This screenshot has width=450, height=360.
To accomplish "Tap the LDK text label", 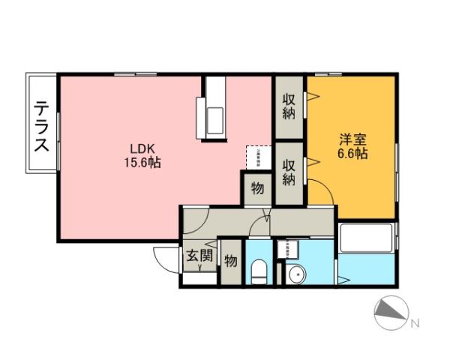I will tap(144, 148).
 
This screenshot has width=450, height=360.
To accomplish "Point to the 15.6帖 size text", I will tap(144, 162).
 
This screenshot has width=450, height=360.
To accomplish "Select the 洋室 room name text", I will tap(352, 140).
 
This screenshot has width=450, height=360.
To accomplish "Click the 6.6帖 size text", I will tap(352, 154).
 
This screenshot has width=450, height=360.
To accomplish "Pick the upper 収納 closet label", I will tap(289, 106).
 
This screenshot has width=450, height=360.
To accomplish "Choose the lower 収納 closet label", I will tap(289, 172).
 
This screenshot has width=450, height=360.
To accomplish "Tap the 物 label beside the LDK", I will tap(256, 188).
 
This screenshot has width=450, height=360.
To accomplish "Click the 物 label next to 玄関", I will tap(231, 261).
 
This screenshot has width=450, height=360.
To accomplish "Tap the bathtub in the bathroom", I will tap(366, 239).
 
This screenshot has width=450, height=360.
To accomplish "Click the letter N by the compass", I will tap(415, 324).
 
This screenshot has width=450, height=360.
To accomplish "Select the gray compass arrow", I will tap(391, 312).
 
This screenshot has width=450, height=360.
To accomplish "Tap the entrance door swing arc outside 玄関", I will tap(165, 258).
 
